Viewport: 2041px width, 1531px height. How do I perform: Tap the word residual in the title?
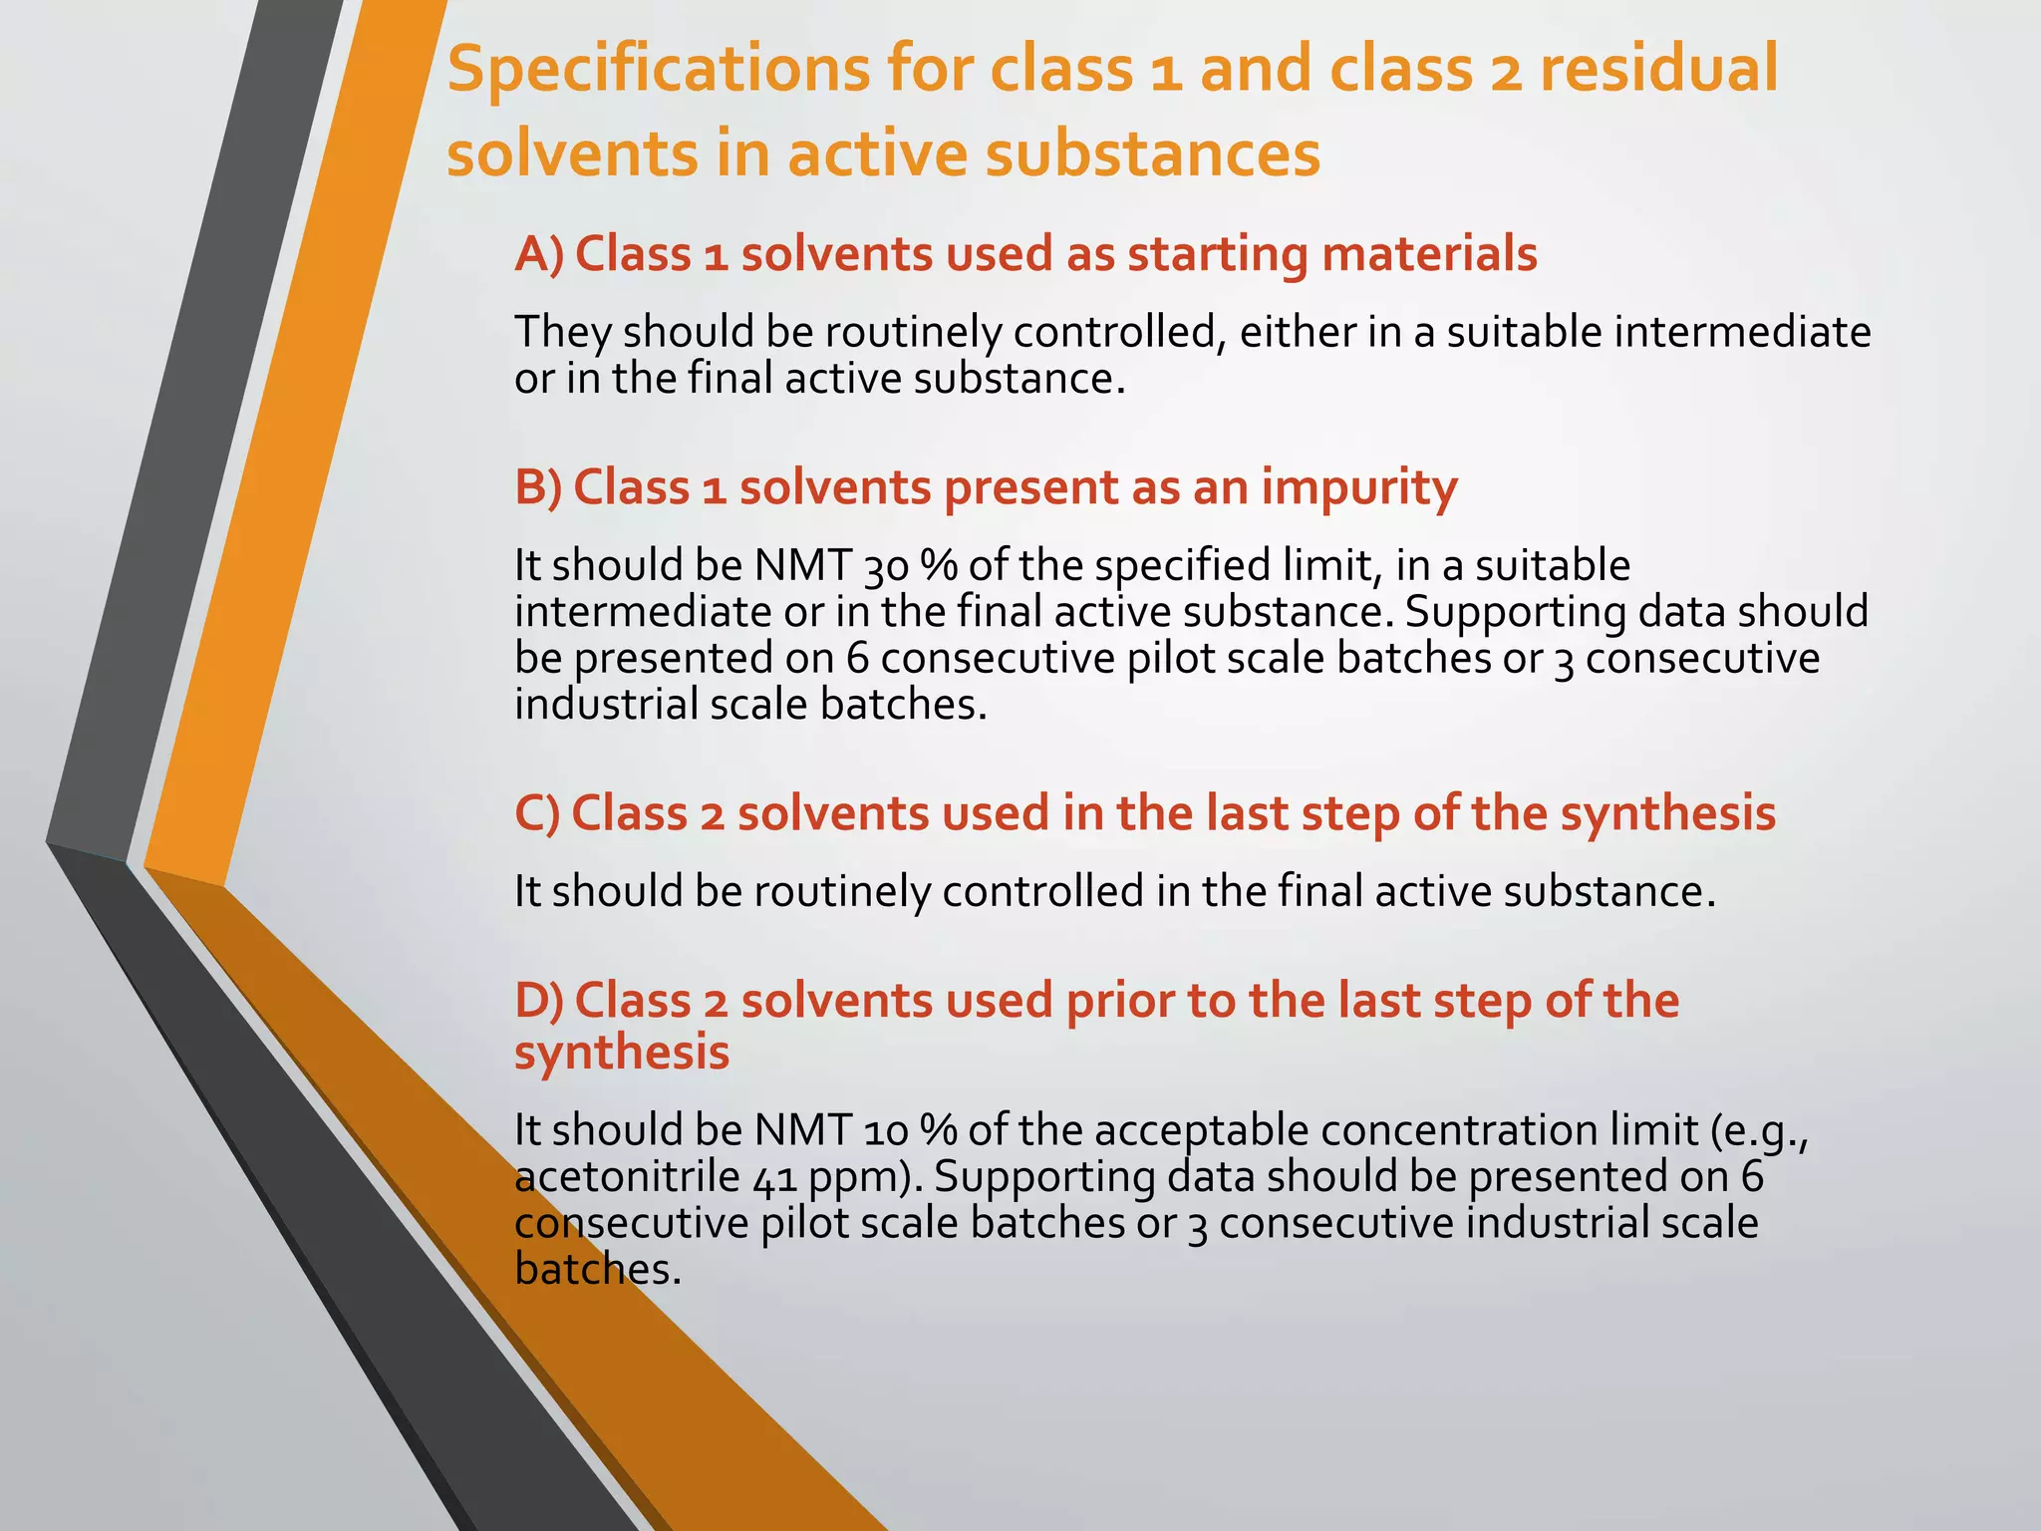(x=1658, y=70)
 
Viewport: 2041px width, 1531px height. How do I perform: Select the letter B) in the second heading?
(x=538, y=487)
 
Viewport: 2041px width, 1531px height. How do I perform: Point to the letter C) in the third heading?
(x=537, y=813)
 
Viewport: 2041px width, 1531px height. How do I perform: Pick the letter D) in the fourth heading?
(x=539, y=1000)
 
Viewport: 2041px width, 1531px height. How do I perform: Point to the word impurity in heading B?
(x=1359, y=487)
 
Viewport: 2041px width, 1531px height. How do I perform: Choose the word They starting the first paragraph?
(x=562, y=333)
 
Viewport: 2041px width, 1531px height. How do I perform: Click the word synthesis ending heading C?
(x=1668, y=813)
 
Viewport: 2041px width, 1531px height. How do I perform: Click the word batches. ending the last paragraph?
(x=598, y=1270)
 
